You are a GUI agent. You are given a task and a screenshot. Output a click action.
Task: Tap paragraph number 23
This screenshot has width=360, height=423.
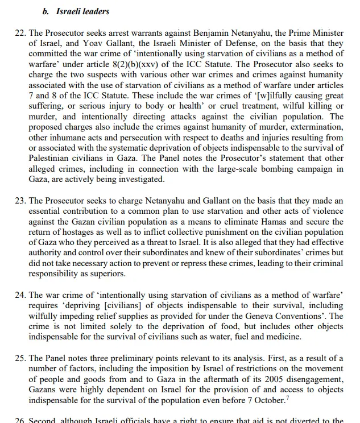pyautogui.click(x=20, y=201)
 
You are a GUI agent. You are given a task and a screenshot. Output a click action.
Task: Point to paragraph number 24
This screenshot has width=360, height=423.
pyautogui.click(x=20, y=295)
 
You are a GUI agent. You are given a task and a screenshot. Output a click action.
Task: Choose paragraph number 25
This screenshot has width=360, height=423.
pyautogui.click(x=20, y=358)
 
